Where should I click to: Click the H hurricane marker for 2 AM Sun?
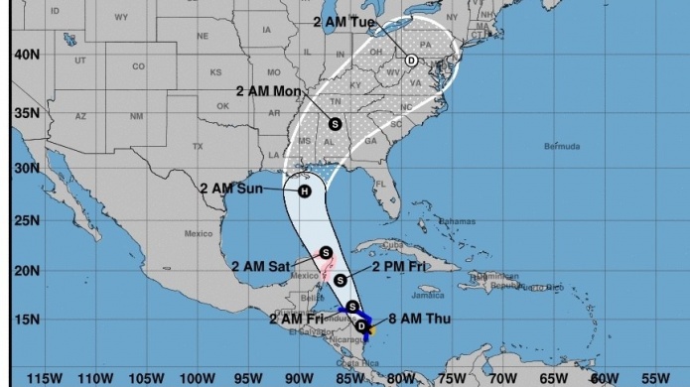pyautogui.click(x=305, y=192)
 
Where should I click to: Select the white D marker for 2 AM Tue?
pyautogui.click(x=411, y=60)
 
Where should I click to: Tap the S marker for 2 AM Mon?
pyautogui.click(x=335, y=124)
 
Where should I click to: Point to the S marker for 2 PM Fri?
pyautogui.click(x=341, y=281)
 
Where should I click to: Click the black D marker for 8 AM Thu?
pyautogui.click(x=362, y=325)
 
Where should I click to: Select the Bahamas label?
pyautogui.click(x=457, y=220)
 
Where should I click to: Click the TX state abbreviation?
pyautogui.click(x=198, y=146)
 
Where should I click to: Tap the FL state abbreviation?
pyautogui.click(x=379, y=184)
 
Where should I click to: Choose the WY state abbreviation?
pyautogui.click(x=121, y=18)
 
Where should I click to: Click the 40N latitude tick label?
pyautogui.click(x=27, y=55)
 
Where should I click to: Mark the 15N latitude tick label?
pyautogui.click(x=27, y=320)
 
